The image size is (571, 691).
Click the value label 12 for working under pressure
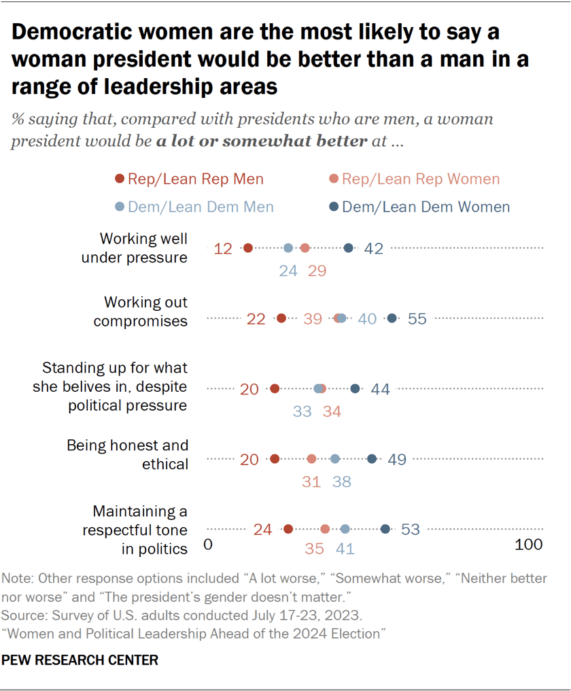tap(223, 249)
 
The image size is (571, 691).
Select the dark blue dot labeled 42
tap(349, 248)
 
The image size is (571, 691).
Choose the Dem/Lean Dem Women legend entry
tap(419, 207)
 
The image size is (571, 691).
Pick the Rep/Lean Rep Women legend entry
tap(414, 180)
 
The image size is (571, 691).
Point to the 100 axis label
tap(528, 545)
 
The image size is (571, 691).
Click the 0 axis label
tap(209, 545)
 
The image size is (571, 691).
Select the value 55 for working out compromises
tap(417, 319)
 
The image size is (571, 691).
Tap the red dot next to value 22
tap(281, 318)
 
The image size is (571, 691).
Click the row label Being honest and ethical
tap(127, 454)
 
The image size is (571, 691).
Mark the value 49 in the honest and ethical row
tap(397, 460)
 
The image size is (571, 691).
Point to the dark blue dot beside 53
tap(385, 529)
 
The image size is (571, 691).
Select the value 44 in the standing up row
tap(380, 389)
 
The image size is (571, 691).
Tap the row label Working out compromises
tap(141, 311)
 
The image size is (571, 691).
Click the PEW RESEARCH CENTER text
tap(80, 660)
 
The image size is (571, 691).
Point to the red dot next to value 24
tap(288, 529)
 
